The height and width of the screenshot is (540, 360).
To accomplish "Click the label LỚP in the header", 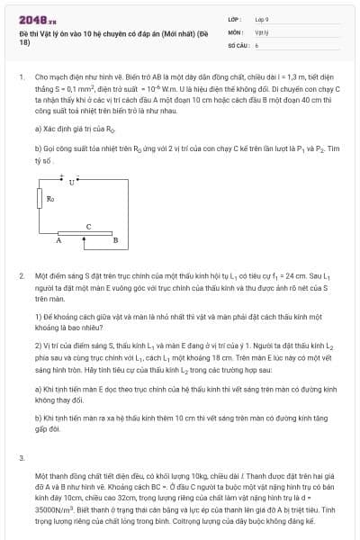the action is click(x=233, y=18).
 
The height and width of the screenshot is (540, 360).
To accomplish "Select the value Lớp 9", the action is click(x=261, y=18).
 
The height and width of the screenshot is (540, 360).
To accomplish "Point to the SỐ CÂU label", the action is click(x=237, y=43).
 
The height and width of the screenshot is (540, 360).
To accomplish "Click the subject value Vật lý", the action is click(x=261, y=31).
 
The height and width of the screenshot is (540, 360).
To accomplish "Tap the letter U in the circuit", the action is click(x=72, y=183).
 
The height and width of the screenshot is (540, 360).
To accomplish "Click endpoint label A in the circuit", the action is click(x=58, y=241).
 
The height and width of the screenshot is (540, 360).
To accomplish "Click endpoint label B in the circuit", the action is click(x=115, y=241).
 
